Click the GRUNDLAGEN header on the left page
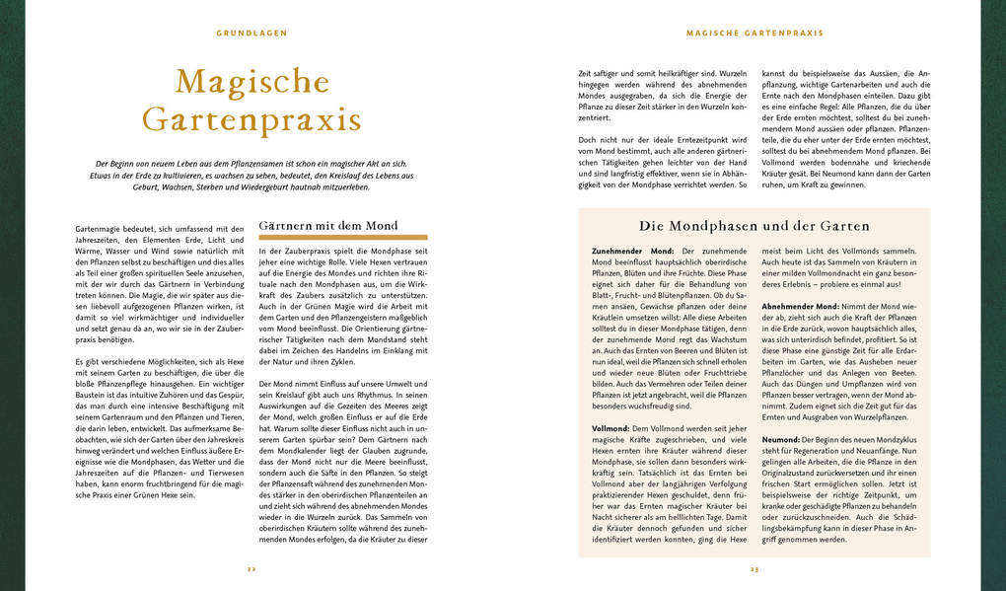(x=251, y=33)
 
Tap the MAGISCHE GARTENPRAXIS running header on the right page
(x=754, y=33)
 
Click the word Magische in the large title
(x=251, y=82)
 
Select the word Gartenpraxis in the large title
(x=251, y=119)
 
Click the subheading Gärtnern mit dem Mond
(x=327, y=226)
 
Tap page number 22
(x=251, y=569)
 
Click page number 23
(x=754, y=569)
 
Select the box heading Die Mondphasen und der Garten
(x=754, y=226)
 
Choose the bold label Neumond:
(x=781, y=438)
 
